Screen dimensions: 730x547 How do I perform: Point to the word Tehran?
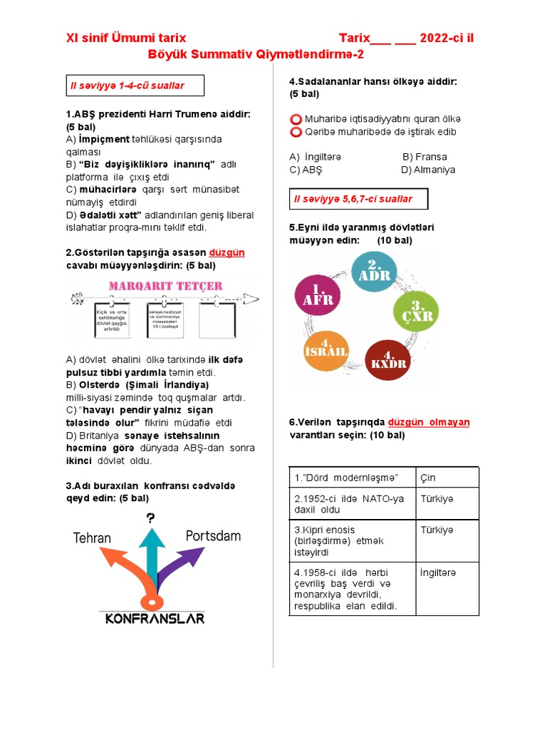coord(92,538)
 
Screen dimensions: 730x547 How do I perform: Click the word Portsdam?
coord(213,535)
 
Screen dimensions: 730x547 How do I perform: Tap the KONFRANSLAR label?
coord(155,618)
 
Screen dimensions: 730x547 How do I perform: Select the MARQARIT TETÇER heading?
coord(165,287)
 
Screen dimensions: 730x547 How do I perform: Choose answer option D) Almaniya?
coord(427,170)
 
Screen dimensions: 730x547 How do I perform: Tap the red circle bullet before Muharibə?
coord(296,118)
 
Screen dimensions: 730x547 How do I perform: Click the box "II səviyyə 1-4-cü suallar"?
coord(135,86)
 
